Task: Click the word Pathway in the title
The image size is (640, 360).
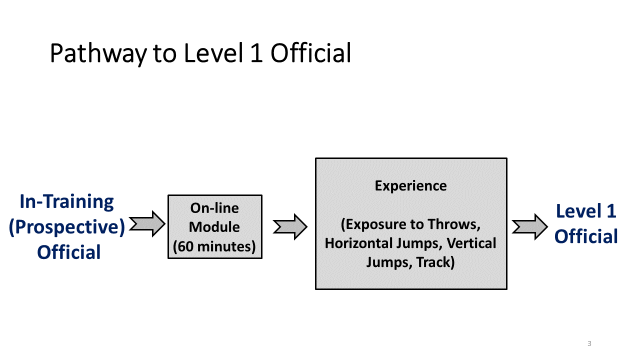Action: pyautogui.click(x=98, y=53)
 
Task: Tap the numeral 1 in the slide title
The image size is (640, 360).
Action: pyautogui.click(x=256, y=53)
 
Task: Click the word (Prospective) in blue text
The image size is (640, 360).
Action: pyautogui.click(x=67, y=227)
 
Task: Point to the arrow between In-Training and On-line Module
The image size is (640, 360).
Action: pyautogui.click(x=147, y=224)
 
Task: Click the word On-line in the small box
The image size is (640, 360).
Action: pyautogui.click(x=214, y=208)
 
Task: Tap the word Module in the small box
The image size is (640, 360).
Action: pyautogui.click(x=214, y=227)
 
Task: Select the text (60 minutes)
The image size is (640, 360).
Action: pyautogui.click(x=214, y=246)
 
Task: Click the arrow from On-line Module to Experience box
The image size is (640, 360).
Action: pyautogui.click(x=290, y=227)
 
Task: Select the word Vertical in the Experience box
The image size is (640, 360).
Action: pyautogui.click(x=471, y=243)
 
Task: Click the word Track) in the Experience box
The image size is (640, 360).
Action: pyautogui.click(x=435, y=262)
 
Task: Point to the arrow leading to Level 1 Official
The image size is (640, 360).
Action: pyautogui.click(x=529, y=227)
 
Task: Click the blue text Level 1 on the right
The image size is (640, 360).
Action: pyautogui.click(x=586, y=211)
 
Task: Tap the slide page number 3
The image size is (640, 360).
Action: pyautogui.click(x=589, y=343)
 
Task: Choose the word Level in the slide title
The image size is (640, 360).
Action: pyautogui.click(x=213, y=53)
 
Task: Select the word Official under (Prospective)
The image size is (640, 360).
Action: pyautogui.click(x=69, y=252)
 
